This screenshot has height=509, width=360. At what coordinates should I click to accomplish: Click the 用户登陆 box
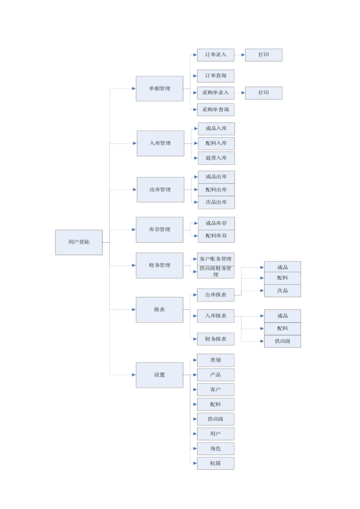[79, 242]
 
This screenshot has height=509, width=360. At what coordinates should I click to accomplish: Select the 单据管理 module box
[160, 89]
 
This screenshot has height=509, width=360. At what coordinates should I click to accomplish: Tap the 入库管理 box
[160, 143]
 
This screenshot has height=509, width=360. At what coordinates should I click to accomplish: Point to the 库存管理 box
[160, 230]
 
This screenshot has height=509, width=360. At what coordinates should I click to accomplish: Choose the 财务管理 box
[160, 265]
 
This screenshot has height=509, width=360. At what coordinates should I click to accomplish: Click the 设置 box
[160, 375]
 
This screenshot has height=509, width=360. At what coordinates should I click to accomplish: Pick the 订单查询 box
[216, 76]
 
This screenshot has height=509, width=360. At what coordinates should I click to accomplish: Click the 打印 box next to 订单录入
[264, 55]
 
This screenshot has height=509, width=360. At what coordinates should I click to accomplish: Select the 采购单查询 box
[216, 110]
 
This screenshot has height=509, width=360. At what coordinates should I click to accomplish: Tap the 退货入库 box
[216, 158]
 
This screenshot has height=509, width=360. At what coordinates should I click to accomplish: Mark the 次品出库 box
[216, 202]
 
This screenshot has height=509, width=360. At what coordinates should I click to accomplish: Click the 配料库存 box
[216, 236]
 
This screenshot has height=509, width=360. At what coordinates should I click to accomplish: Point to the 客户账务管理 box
[216, 259]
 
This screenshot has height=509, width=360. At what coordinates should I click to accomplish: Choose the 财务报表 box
[216, 339]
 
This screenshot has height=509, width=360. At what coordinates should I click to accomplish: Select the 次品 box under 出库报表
[282, 290]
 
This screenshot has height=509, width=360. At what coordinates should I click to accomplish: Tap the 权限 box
[216, 463]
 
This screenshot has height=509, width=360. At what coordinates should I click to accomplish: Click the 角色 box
[216, 448]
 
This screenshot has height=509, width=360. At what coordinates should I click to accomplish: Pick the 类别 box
[216, 360]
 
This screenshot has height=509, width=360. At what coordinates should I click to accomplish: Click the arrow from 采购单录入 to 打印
[240, 93]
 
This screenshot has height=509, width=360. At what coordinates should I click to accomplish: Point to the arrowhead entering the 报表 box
[134, 309]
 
